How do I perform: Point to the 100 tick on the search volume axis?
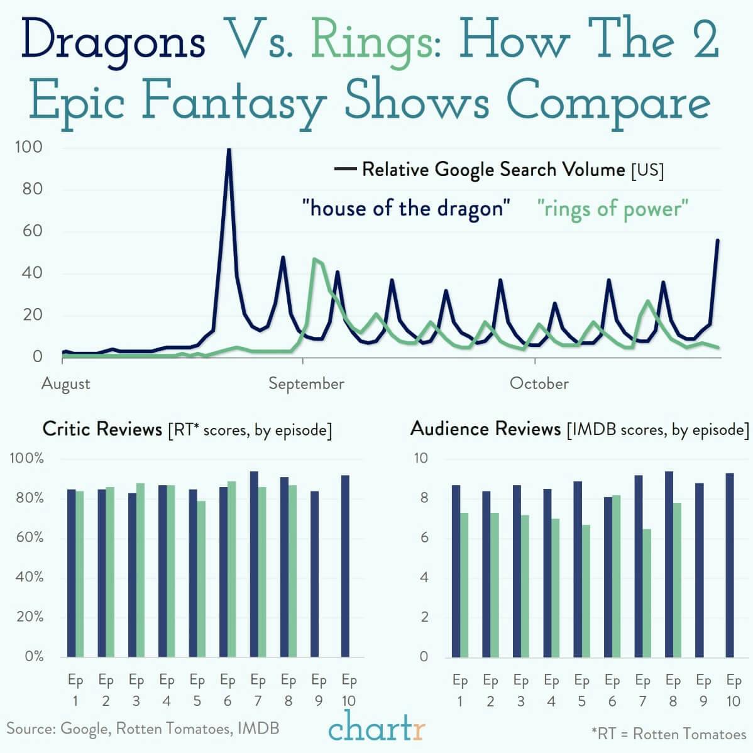pyautogui.click(x=29, y=148)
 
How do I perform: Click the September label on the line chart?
pyautogui.click(x=306, y=383)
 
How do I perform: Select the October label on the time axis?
pyautogui.click(x=539, y=383)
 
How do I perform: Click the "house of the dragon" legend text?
pyautogui.click(x=406, y=208)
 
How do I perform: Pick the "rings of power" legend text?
pyautogui.click(x=613, y=208)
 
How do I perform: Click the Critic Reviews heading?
pyautogui.click(x=102, y=429)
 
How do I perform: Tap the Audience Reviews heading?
pyautogui.click(x=485, y=429)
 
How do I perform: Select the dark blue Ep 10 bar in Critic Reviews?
pyautogui.click(x=345, y=566)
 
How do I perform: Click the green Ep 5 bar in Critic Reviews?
pyautogui.click(x=201, y=578)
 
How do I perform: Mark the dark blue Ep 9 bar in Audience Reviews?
pyautogui.click(x=699, y=569)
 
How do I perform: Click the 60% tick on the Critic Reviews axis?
pyautogui.click(x=30, y=537)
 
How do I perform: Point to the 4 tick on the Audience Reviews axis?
pyautogui.click(x=424, y=577)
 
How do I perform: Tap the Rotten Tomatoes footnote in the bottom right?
pyautogui.click(x=668, y=734)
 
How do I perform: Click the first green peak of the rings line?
pyautogui.click(x=314, y=259)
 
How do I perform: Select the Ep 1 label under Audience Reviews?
pyautogui.click(x=460, y=690)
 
